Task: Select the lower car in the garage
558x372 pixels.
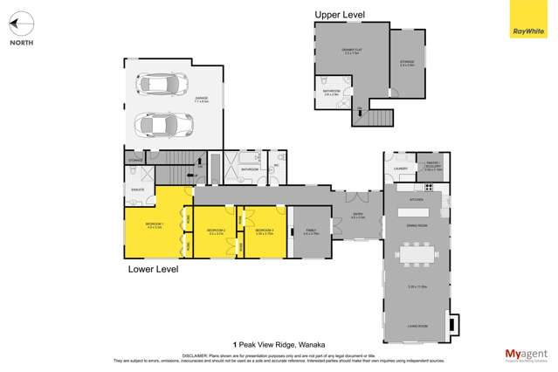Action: pyautogui.click(x=163, y=124)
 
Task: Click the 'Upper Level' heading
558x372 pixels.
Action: pyautogui.click(x=340, y=15)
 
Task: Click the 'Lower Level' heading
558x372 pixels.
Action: pyautogui.click(x=153, y=269)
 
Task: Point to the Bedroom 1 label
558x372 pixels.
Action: pyautogui.click(x=154, y=226)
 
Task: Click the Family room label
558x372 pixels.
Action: pyautogui.click(x=310, y=232)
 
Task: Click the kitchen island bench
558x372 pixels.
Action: pyautogui.click(x=416, y=212)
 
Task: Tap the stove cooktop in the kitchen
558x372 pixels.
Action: pyautogui.click(x=429, y=187)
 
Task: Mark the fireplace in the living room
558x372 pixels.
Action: pyautogui.click(x=451, y=323)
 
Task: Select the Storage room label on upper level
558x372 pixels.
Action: pyautogui.click(x=407, y=63)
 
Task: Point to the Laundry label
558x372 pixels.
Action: pyautogui.click(x=401, y=169)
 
